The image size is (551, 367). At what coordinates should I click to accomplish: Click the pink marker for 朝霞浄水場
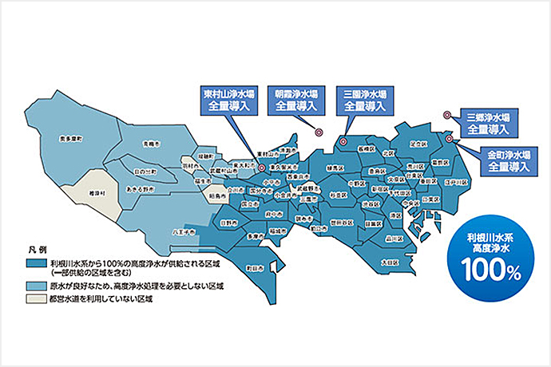point(319,133)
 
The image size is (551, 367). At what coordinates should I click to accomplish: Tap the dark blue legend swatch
point(36,262)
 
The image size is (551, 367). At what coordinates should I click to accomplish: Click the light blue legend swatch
point(36,284)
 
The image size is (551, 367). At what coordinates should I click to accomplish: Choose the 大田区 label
point(389,261)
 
